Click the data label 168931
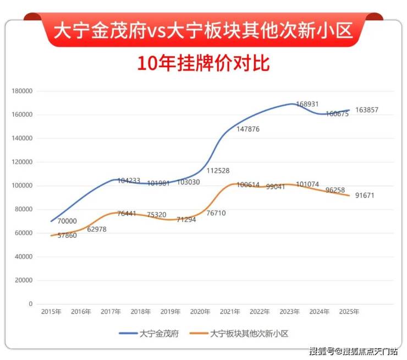pos(307,104)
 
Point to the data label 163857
pos(367,110)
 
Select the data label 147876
pos(248,129)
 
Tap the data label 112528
pos(218,171)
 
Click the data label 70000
pos(67,221)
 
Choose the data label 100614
pos(248,186)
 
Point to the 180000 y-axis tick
pos(23,91)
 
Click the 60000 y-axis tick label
pos(24,233)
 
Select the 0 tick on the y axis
pos(31,304)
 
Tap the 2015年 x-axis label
pos(51,312)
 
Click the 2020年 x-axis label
pos(200,312)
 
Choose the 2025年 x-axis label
pos(349,312)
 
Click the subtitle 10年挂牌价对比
pos(204,63)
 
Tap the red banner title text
pos(204,29)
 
